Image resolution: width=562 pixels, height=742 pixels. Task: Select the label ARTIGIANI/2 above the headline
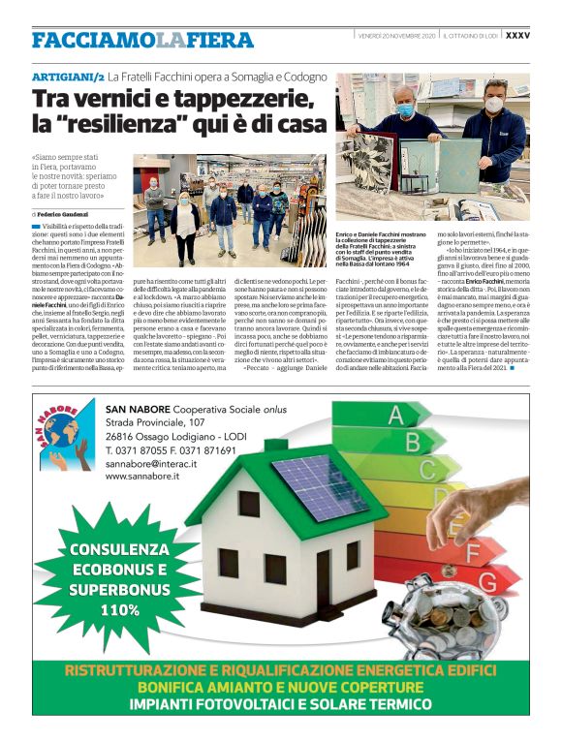coord(67,75)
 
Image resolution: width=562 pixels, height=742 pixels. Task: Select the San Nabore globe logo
coord(67,442)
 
